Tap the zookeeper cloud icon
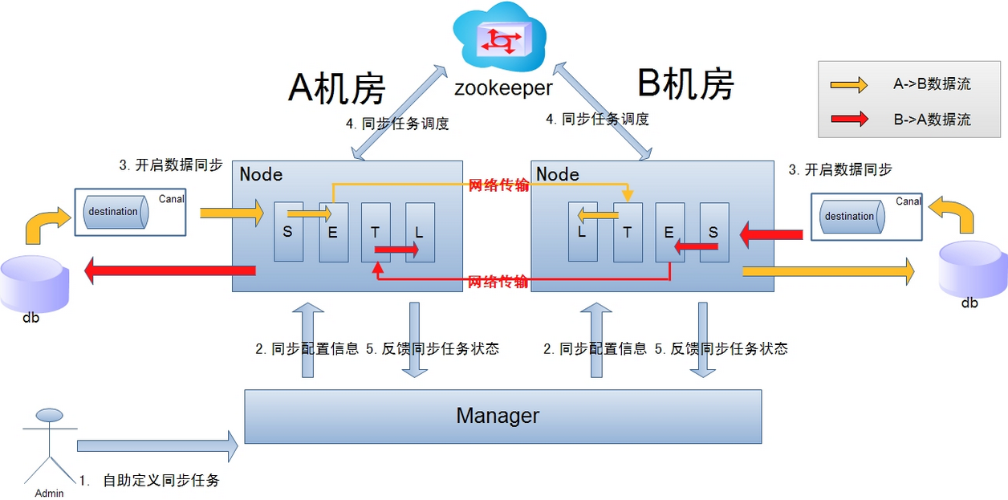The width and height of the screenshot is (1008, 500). [499, 40]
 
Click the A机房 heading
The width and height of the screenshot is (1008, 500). [337, 87]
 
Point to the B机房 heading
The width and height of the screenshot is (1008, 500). [685, 83]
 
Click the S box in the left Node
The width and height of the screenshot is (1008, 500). [288, 232]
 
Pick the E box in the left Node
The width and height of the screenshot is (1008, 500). [333, 232]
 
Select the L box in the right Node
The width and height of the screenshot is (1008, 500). [583, 232]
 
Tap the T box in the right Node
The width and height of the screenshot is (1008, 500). [628, 232]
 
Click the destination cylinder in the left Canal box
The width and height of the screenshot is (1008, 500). [113, 212]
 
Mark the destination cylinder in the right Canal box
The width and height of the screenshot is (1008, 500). [849, 216]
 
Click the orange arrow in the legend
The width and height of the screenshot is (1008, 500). [849, 84]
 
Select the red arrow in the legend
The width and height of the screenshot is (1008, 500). [849, 119]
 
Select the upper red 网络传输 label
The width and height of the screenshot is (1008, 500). [499, 185]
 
